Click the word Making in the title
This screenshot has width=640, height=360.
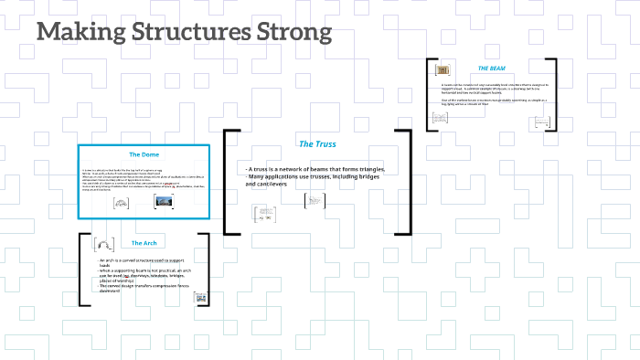click(x=74, y=34)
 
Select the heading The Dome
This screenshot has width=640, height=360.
click(x=144, y=154)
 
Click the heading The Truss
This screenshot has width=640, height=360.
click(x=317, y=144)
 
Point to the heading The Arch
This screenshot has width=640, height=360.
click(x=144, y=243)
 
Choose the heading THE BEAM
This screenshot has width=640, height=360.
click(x=491, y=69)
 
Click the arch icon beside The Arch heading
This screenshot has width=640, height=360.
click(x=105, y=243)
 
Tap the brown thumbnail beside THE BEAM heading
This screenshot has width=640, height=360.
click(x=443, y=69)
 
